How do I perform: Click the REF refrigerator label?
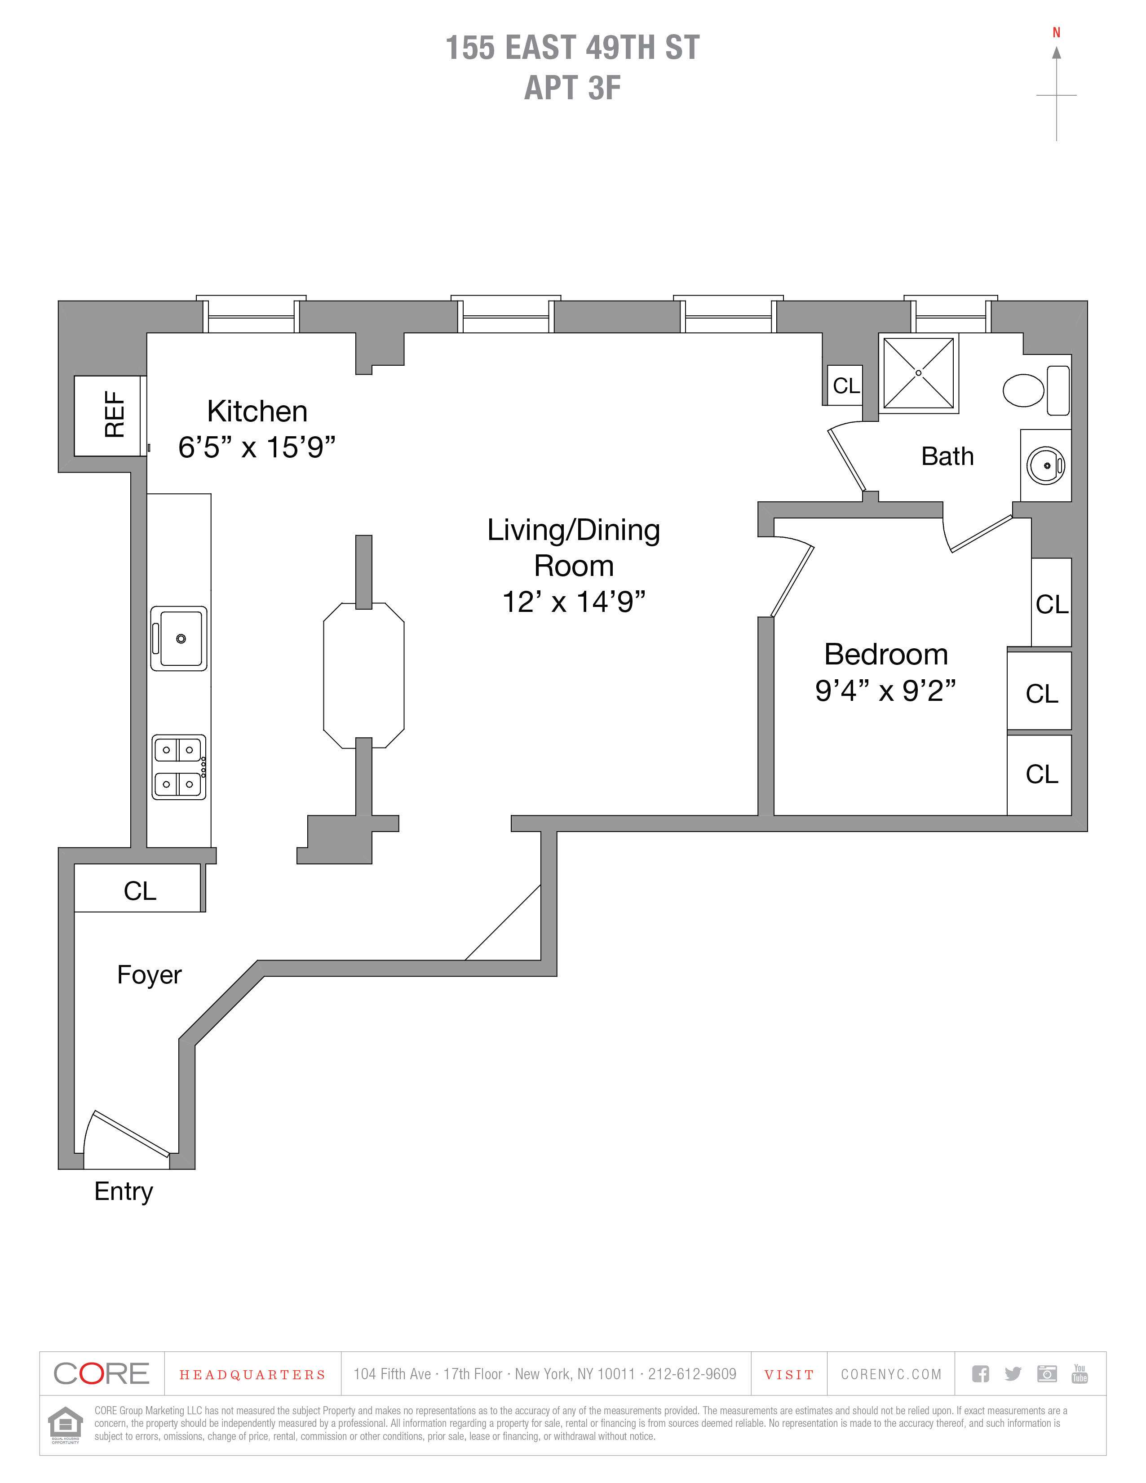[114, 414]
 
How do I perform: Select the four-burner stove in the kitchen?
[178, 766]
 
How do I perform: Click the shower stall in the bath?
[918, 373]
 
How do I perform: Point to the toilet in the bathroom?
[1024, 390]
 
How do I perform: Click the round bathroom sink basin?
[1045, 466]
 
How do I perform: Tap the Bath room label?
[947, 456]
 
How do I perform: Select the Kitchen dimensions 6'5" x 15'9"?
[257, 447]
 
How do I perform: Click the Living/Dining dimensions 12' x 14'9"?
[574, 602]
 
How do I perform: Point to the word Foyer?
[149, 974]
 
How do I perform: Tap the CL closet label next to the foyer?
[140, 891]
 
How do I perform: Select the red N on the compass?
[1057, 33]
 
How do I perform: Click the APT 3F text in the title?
[572, 88]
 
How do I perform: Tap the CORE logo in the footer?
[101, 1374]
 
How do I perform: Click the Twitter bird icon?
[1013, 1374]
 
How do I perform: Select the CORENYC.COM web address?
[891, 1374]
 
